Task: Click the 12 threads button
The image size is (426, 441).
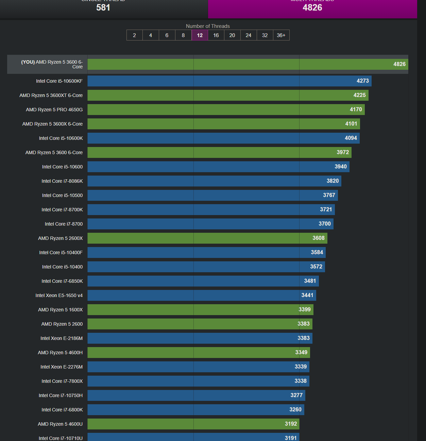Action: pyautogui.click(x=200, y=35)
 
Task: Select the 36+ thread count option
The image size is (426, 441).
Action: pyautogui.click(x=281, y=35)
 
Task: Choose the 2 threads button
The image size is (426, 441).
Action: pyautogui.click(x=134, y=35)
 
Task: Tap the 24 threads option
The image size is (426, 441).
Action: pyautogui.click(x=249, y=35)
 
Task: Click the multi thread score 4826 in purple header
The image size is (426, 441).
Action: pyautogui.click(x=312, y=7)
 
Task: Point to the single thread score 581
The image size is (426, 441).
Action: pyautogui.click(x=103, y=7)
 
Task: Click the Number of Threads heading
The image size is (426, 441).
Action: pyautogui.click(x=208, y=26)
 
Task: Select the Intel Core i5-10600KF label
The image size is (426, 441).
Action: pyautogui.click(x=59, y=81)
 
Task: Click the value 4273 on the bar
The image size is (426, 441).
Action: pyautogui.click(x=362, y=81)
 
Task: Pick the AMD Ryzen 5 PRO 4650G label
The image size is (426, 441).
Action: pyautogui.click(x=54, y=110)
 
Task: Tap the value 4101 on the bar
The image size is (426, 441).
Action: pyautogui.click(x=351, y=124)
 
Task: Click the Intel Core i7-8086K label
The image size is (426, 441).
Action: pyautogui.click(x=62, y=181)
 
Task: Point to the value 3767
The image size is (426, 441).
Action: pyautogui.click(x=329, y=195)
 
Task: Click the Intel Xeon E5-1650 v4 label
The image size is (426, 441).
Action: pyautogui.click(x=59, y=295)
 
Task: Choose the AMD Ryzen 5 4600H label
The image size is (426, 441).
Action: pyautogui.click(x=60, y=353)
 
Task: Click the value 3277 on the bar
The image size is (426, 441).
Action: pyautogui.click(x=296, y=395)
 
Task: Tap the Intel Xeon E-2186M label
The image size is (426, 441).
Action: pyautogui.click(x=61, y=338)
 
